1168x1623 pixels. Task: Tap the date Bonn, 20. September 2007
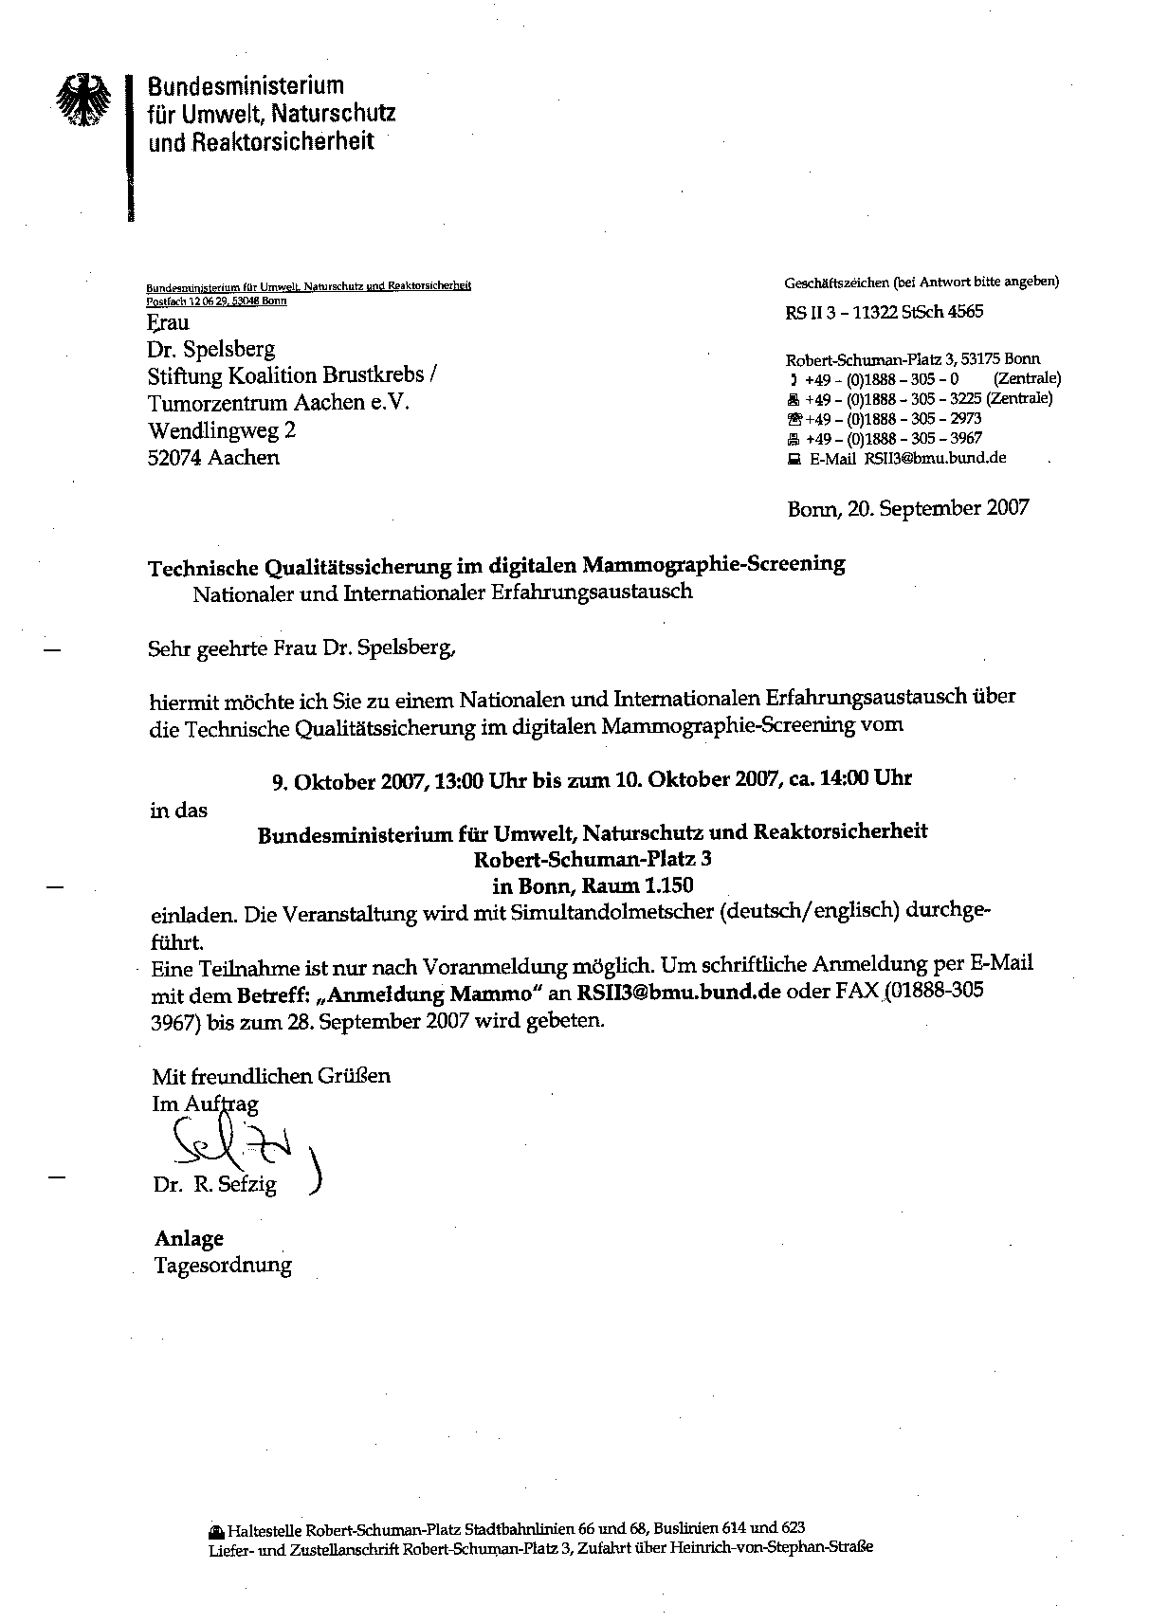(907, 508)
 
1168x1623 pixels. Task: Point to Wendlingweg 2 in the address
(222, 430)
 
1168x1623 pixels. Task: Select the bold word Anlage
(190, 1238)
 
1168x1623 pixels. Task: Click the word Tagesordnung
(224, 1265)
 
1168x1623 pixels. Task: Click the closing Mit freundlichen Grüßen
(271, 1076)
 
